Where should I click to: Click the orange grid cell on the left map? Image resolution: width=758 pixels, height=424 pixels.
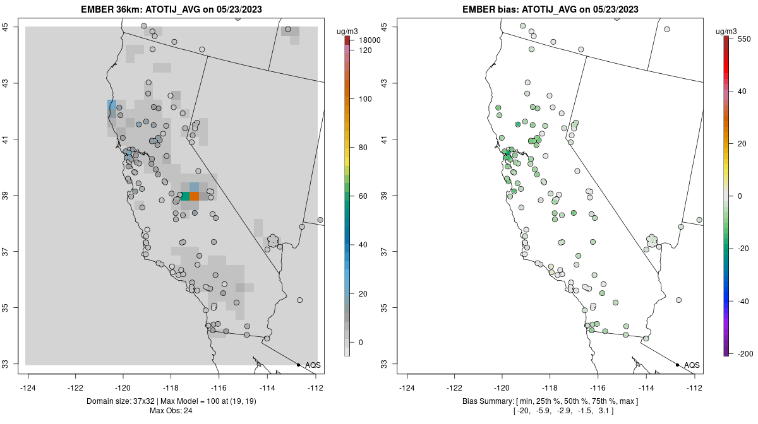[x=195, y=196]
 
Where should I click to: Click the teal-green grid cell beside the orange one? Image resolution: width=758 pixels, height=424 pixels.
[x=184, y=196]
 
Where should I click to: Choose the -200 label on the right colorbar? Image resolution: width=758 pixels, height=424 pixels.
[x=744, y=353]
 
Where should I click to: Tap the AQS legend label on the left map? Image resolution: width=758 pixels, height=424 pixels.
[x=313, y=365]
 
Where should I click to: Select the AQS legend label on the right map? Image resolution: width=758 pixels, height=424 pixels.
[x=692, y=365]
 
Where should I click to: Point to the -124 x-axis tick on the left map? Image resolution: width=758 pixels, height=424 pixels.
[x=28, y=387]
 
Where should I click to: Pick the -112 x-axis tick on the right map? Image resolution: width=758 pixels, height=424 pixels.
[x=694, y=387]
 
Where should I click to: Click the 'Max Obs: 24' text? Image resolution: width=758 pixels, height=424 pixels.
[x=171, y=411]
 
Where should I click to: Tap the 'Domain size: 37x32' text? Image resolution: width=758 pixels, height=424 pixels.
[x=124, y=401]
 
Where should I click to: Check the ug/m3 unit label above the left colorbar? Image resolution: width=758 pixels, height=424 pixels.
[x=348, y=30]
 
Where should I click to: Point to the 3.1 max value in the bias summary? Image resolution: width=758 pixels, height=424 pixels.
[x=603, y=411]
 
